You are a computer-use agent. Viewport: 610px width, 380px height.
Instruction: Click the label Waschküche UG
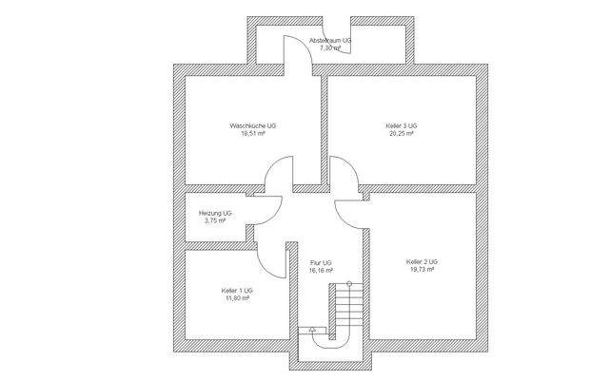click(x=252, y=125)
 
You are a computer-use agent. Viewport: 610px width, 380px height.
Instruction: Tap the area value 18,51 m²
click(x=252, y=134)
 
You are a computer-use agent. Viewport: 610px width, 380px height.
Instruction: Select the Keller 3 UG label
click(x=402, y=125)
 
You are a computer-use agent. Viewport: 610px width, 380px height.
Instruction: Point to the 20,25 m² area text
click(x=402, y=134)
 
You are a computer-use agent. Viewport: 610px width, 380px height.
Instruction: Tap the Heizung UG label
click(x=215, y=214)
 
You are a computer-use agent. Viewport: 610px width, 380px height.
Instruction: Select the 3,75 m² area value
click(x=215, y=221)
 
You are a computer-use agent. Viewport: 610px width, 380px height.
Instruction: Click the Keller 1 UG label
click(x=237, y=290)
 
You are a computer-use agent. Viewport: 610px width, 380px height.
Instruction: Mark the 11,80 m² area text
click(x=237, y=297)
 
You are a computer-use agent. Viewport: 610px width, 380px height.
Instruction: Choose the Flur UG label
click(x=321, y=262)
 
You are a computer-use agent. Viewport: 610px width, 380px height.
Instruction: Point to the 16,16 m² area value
click(x=321, y=270)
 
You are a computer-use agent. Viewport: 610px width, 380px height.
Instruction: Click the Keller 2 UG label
click(x=421, y=261)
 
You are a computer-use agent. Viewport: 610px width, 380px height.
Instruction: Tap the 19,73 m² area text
click(x=421, y=269)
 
